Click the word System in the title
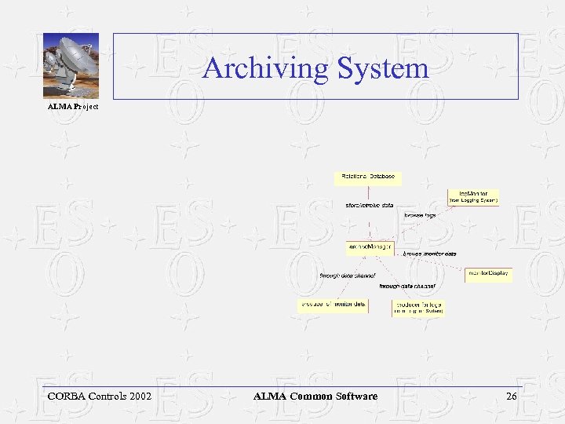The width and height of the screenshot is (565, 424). click(384, 68)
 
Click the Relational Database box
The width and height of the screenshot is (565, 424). click(368, 177)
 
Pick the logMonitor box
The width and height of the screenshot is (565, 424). click(473, 196)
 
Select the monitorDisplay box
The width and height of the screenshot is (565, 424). click(488, 274)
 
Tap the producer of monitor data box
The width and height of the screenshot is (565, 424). click(333, 305)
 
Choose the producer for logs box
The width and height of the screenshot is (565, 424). click(418, 307)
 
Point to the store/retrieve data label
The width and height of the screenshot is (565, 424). click(370, 205)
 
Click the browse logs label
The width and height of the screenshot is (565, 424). click(420, 214)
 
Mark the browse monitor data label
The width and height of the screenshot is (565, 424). click(430, 254)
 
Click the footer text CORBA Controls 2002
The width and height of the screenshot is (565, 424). click(100, 397)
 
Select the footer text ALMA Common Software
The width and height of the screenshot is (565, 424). click(315, 397)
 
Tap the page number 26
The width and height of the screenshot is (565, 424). click(512, 397)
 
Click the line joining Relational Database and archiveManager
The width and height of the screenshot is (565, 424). click(368, 224)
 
